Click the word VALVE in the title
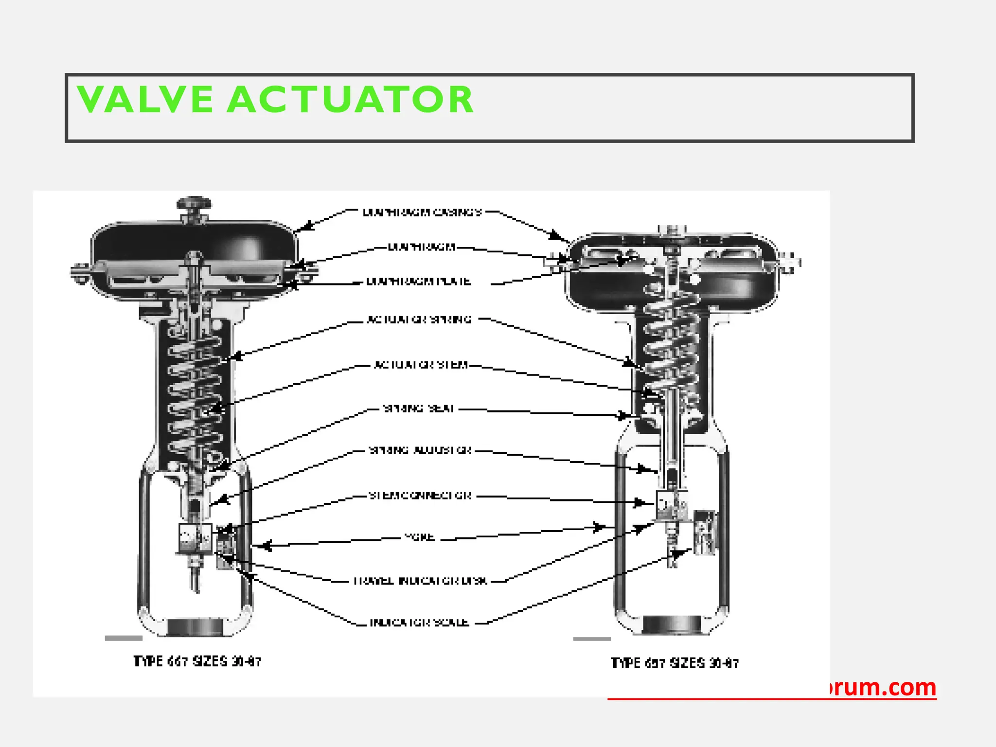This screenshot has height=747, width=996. pos(145,100)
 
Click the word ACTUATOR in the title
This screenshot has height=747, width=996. pos(350,100)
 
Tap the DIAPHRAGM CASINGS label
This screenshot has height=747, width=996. pos(422,213)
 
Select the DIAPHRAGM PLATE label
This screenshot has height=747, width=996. pos(418,282)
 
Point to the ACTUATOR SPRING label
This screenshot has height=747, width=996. pos(419,320)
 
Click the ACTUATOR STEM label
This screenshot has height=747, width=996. pos(421,365)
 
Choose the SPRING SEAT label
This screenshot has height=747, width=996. pos(419,409)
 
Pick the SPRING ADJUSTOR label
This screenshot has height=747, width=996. pos(420,450)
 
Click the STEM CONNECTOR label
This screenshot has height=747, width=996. pos(420,496)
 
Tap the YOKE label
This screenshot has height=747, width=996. pos(419,537)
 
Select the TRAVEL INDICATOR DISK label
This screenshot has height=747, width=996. pos(420,581)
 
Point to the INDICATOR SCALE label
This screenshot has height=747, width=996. pos(419,623)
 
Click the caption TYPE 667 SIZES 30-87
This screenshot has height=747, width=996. pos(197,662)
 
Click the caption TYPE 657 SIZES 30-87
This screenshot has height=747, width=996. pos(675,663)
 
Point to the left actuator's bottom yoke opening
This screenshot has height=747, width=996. pos(195,627)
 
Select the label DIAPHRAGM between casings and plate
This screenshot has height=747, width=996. pos(422,247)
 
